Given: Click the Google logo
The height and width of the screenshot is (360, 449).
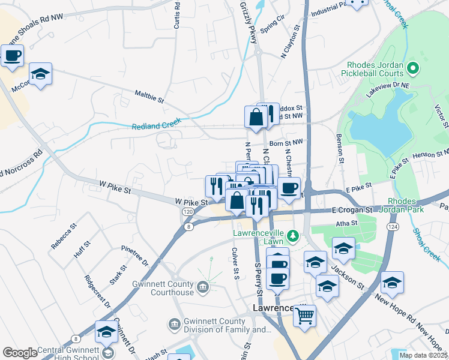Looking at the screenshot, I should (20, 353).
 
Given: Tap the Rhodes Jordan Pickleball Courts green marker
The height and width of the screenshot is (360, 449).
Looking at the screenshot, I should (412, 68).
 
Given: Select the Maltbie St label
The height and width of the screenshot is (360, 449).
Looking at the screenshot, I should (149, 97).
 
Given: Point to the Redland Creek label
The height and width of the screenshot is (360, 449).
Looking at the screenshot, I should (156, 125).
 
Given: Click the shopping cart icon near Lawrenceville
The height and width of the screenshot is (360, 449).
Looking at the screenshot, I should (306, 314).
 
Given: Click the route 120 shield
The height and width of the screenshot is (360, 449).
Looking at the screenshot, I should (187, 212).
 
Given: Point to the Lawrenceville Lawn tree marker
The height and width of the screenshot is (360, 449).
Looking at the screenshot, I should (294, 236).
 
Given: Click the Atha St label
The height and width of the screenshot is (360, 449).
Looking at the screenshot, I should (346, 223).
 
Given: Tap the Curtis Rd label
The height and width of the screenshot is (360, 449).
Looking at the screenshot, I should (176, 15).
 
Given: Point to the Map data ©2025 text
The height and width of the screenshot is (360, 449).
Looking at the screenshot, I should (423, 355).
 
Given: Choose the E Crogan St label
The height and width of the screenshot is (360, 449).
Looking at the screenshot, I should (352, 211).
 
